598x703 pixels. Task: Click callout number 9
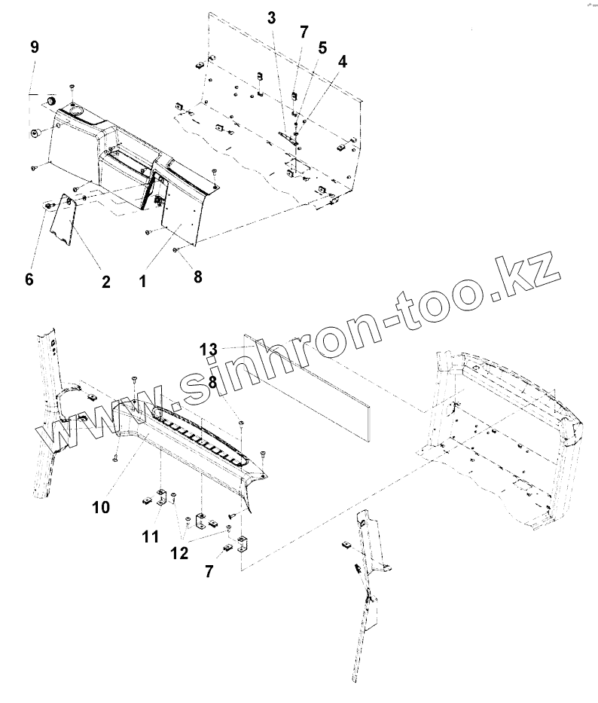[34, 47]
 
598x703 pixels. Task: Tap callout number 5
[322, 47]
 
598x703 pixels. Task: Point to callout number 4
[343, 62]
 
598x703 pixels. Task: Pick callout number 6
[29, 280]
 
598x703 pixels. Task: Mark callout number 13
[209, 349]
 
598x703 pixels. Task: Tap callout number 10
[101, 508]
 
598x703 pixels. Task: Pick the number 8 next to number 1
[198, 277]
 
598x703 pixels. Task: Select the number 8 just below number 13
[213, 382]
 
